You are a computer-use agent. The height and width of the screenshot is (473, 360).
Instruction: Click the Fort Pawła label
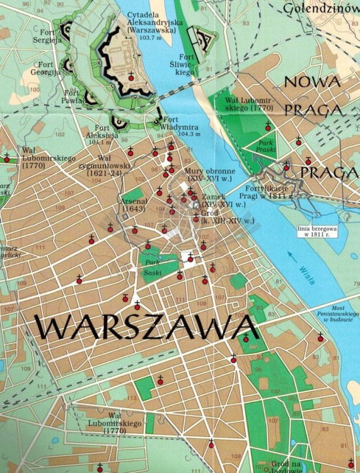coord(71,96)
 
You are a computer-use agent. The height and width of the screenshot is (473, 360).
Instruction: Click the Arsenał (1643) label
coord(133,205)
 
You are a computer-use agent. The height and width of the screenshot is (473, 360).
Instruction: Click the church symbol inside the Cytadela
coord(131,76)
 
